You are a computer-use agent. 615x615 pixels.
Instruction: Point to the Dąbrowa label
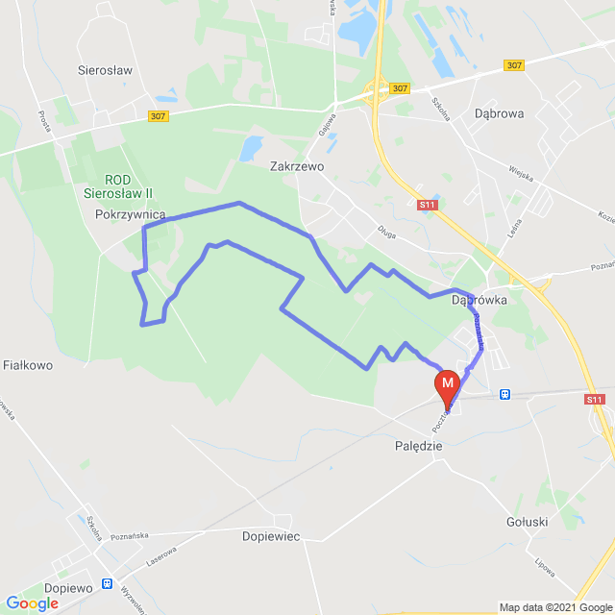499,112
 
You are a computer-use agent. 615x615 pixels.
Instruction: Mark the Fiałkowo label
28,365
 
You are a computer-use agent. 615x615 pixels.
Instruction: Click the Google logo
32,603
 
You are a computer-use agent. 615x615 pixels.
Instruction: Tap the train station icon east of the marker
505,394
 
